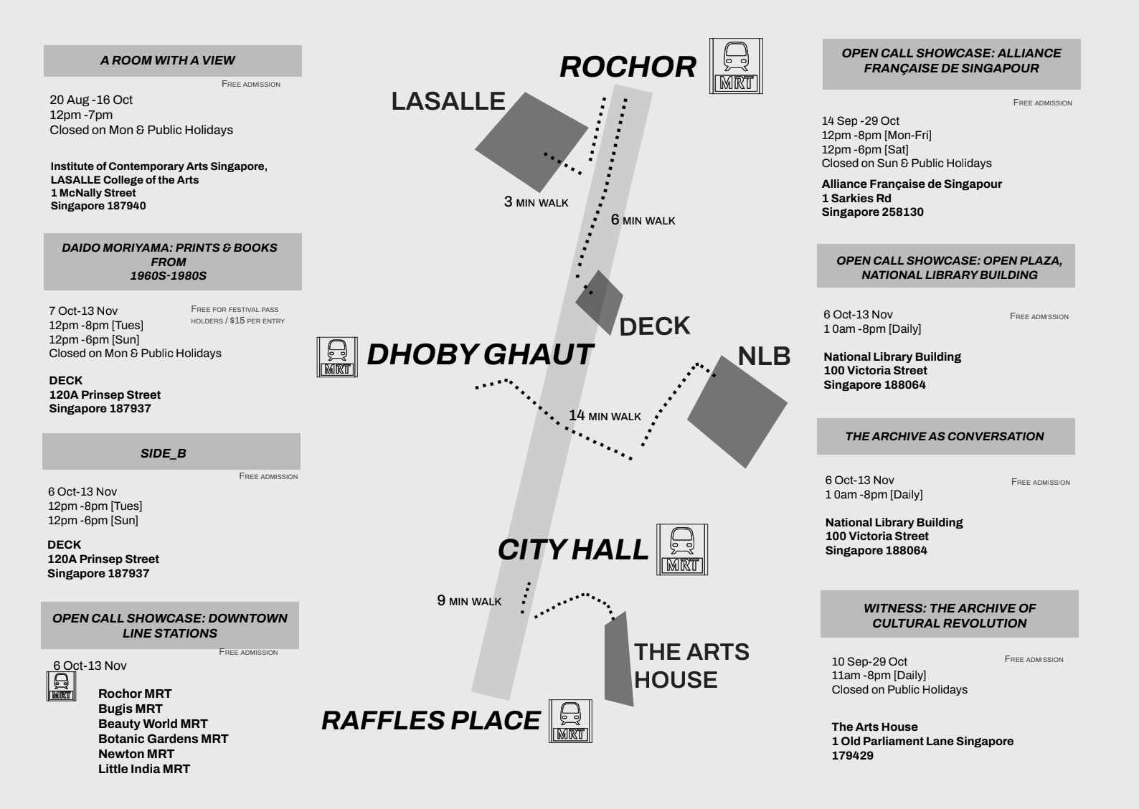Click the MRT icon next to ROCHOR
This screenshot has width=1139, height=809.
[x=736, y=66]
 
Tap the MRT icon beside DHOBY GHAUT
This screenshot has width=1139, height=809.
[x=337, y=357]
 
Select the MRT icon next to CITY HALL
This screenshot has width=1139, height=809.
[x=682, y=549]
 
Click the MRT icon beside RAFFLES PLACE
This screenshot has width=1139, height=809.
[x=570, y=721]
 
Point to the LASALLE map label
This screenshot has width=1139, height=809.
[x=448, y=101]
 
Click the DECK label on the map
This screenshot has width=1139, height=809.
[x=654, y=326]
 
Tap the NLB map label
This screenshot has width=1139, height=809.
[x=764, y=356]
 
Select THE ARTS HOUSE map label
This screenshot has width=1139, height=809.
[x=691, y=666]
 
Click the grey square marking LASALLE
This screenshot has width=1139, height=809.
[x=531, y=141]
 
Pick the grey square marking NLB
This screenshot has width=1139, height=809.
[x=737, y=412]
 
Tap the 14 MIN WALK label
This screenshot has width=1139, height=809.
[x=605, y=416]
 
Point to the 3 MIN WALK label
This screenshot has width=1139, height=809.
[x=536, y=202]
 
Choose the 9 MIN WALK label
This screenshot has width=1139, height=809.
[x=469, y=601]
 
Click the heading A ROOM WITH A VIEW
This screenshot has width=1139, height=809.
[x=168, y=60]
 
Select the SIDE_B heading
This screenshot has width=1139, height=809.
[x=164, y=453]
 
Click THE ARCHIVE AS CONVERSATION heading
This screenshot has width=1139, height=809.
[x=944, y=436]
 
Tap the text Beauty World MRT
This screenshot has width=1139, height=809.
[x=153, y=724]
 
